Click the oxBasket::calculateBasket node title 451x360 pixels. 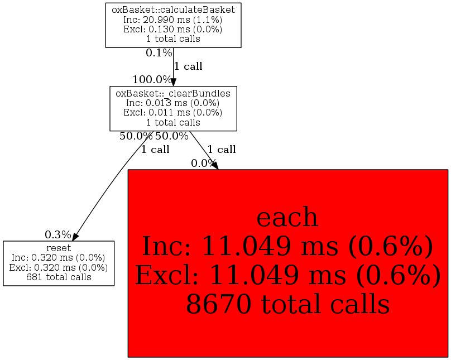point(173,10)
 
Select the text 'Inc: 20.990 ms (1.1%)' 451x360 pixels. point(173,20)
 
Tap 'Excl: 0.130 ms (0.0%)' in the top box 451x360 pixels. point(173,29)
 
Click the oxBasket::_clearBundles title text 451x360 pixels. point(173,93)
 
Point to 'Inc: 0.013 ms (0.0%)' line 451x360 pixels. point(173,103)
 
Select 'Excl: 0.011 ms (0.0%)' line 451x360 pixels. point(173,112)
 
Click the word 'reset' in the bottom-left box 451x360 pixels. point(59,248)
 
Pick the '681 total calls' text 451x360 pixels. point(59,277)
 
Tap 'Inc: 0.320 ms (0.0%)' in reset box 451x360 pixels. point(59,257)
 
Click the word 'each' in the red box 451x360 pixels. point(287,217)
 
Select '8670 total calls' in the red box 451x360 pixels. point(288,304)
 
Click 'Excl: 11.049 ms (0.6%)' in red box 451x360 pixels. point(287,275)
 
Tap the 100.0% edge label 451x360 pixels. point(152,79)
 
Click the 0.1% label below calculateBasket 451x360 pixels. point(159,52)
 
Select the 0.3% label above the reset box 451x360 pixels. point(58,234)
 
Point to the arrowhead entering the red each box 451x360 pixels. point(215,166)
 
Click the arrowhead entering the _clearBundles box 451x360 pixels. point(173,83)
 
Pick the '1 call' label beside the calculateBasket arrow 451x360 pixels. point(189,66)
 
